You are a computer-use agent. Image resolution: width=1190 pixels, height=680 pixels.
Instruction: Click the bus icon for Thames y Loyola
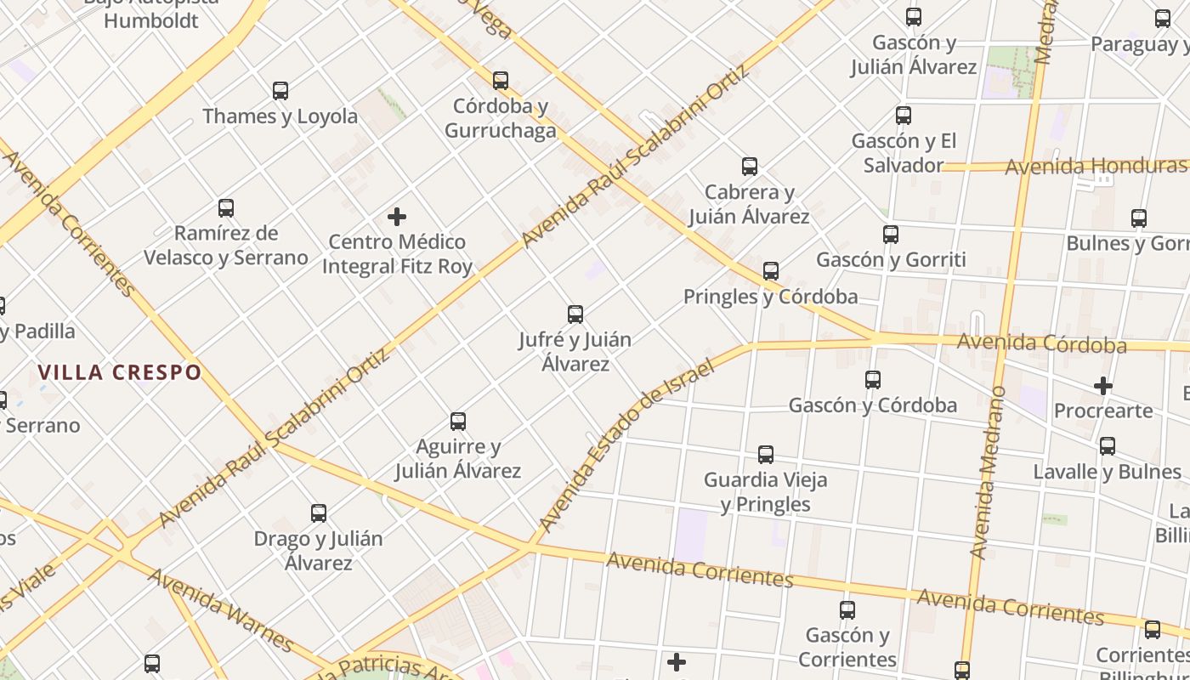click(280, 90)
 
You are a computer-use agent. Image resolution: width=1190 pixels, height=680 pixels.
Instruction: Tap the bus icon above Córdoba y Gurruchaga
click(501, 81)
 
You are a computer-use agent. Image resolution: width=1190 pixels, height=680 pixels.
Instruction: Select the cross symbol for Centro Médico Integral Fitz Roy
click(397, 217)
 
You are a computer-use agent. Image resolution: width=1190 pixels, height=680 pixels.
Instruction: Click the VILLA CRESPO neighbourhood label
click(120, 372)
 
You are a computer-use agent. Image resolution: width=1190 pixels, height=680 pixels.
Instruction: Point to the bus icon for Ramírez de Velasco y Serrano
click(226, 207)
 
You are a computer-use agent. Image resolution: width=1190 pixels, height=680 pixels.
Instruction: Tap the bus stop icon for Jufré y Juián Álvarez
click(575, 314)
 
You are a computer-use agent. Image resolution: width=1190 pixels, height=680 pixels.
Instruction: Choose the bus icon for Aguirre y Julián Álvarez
click(458, 421)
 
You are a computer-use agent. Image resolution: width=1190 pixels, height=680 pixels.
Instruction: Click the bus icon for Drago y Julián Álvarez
click(319, 513)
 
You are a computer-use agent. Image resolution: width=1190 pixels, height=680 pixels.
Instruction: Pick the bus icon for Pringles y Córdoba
click(771, 271)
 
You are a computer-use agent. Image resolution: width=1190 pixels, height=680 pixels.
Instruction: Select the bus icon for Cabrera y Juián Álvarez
click(750, 167)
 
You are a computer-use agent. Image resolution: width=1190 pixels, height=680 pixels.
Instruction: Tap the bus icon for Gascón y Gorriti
click(891, 234)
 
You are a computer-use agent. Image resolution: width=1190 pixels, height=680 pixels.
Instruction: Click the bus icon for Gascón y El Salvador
click(904, 115)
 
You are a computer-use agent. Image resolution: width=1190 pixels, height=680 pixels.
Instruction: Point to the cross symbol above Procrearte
click(1103, 386)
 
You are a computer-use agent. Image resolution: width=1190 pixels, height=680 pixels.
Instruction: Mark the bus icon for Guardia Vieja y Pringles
click(766, 455)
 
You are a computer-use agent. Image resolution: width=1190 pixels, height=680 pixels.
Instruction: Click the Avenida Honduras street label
click(1095, 166)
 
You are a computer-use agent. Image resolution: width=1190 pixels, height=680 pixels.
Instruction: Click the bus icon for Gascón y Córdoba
click(873, 379)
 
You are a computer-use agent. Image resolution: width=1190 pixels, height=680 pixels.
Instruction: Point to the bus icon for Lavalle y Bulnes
click(1108, 445)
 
